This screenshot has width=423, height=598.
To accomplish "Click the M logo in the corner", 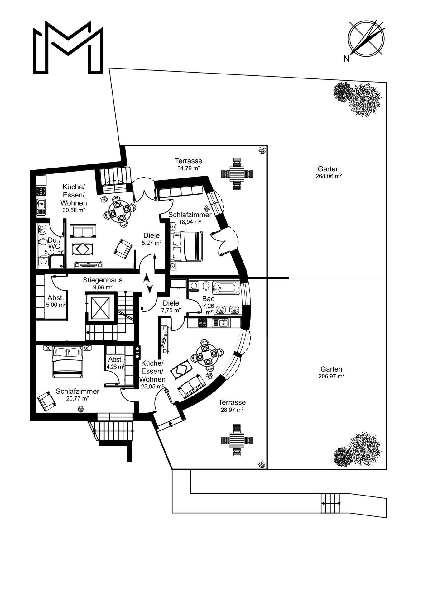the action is point(68,47).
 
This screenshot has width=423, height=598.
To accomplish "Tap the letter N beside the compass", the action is point(346,59).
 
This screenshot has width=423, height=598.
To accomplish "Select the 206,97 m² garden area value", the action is point(331,376).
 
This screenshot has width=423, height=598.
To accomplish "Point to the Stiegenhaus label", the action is point(103,280).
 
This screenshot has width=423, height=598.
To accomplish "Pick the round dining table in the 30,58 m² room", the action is point(120,211).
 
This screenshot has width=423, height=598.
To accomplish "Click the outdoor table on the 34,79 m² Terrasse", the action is point(237,173).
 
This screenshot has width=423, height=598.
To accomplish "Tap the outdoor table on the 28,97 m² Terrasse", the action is point(237,440).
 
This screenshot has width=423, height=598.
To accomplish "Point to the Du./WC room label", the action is point(55,243).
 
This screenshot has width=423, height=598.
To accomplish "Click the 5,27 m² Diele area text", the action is point(151,243).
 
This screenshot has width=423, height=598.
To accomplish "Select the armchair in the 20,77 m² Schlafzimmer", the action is point(46,401).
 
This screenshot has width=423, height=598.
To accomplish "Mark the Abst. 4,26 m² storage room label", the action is point(115,363).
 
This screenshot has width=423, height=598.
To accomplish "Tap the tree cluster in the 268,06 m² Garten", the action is point(358,99).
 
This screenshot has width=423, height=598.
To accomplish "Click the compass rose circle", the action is point(366,39).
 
